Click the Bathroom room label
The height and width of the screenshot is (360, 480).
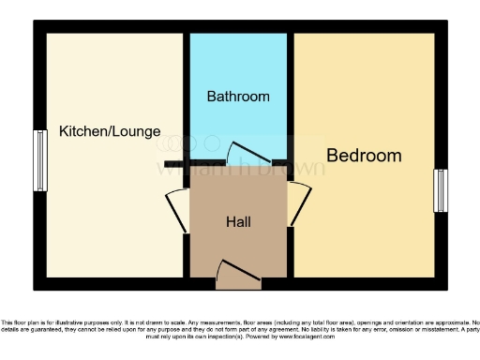238,97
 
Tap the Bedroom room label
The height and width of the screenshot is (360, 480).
364,156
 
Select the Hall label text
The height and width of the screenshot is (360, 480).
238,222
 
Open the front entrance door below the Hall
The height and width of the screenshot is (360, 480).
236,274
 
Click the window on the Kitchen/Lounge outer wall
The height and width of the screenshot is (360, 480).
40,160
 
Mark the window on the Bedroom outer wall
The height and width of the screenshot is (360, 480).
440,190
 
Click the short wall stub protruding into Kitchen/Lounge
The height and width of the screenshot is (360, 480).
174,165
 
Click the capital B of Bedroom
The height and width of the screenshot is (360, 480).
333,156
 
